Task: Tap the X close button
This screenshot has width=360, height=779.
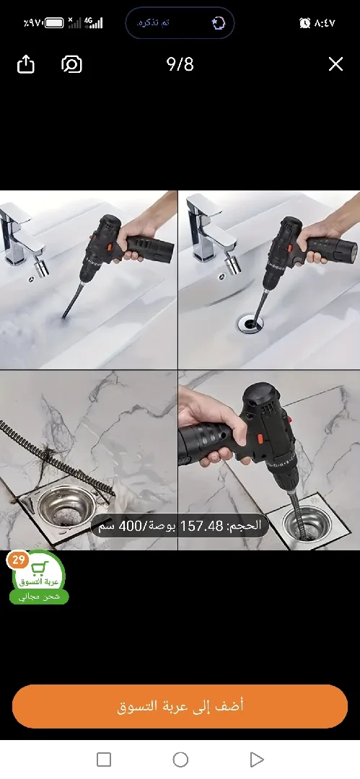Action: (335, 64)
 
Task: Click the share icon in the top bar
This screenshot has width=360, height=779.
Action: (25, 64)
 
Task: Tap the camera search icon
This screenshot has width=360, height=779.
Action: (71, 64)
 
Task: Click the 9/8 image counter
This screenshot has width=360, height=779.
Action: (180, 64)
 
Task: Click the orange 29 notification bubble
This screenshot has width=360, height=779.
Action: (18, 560)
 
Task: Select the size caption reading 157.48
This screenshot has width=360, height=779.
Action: (180, 526)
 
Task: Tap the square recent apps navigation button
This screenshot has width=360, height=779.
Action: (104, 759)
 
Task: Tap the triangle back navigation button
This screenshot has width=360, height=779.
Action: (256, 759)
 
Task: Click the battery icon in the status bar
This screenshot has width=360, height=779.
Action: (54, 23)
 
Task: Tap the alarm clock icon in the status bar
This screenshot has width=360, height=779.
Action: (305, 23)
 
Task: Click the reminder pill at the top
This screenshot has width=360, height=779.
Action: (180, 23)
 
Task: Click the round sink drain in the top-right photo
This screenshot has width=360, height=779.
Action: (251, 324)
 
